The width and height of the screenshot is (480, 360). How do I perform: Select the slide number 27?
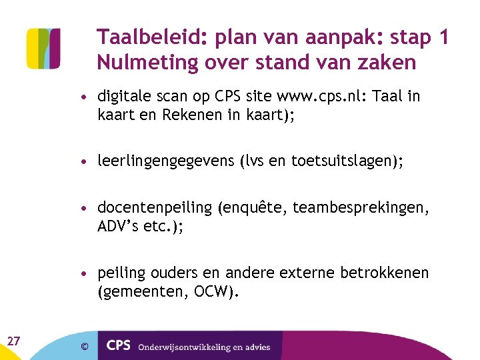pos(13,341)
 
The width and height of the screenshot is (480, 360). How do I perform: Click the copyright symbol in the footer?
pos(84,345)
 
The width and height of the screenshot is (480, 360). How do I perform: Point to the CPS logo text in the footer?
pos(118,345)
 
